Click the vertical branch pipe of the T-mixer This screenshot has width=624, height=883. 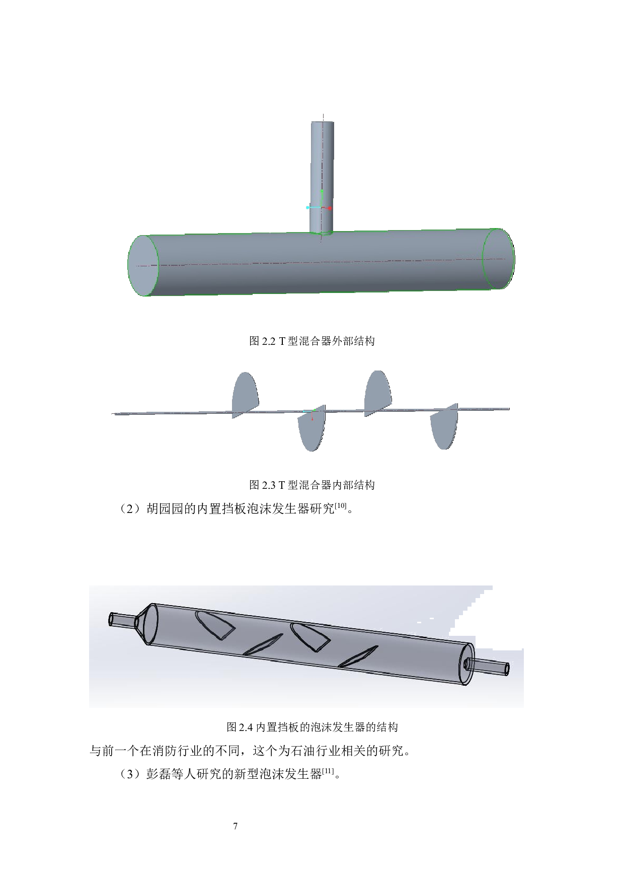click(322, 177)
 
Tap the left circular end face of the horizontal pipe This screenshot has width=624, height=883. click(143, 265)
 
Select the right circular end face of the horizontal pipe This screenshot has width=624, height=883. click(498, 259)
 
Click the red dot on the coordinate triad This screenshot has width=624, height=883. click(330, 208)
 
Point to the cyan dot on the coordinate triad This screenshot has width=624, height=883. click(307, 207)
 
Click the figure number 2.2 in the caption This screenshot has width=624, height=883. click(269, 341)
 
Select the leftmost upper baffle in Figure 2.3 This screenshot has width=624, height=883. click(245, 395)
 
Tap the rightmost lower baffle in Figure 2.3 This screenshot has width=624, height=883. click(444, 426)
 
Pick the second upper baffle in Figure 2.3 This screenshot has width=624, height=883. click(378, 393)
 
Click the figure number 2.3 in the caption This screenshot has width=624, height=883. click(269, 485)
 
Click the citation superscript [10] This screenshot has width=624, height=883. click(342, 506)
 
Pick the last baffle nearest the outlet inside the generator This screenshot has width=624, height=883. click(358, 656)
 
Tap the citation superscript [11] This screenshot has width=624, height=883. click(329, 771)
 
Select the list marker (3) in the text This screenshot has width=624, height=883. click(131, 774)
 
